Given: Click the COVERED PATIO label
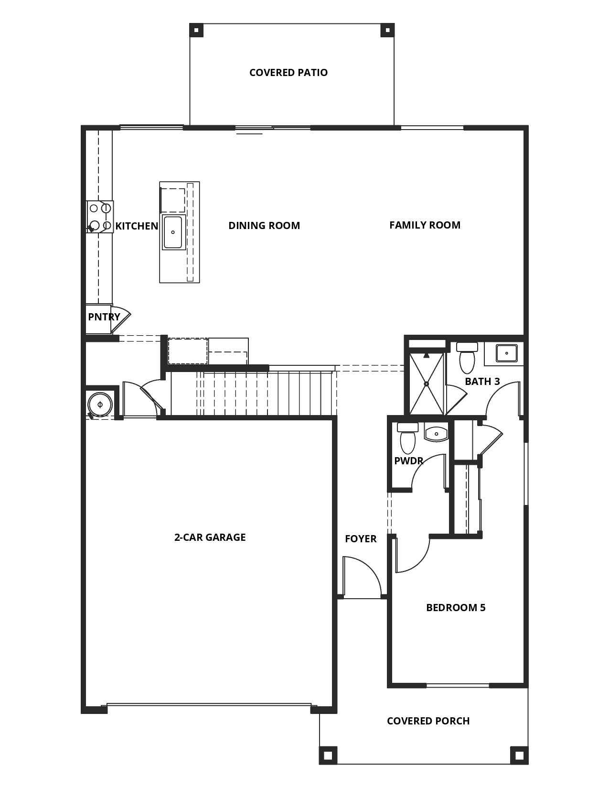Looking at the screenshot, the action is [288, 73].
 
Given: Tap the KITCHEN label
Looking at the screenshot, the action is [137, 226].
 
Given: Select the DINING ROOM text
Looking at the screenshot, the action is [264, 226].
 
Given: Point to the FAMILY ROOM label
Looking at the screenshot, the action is [425, 225].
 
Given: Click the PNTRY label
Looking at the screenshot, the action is [104, 317].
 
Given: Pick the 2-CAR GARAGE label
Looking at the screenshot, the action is [210, 537].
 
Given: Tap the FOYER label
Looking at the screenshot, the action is [361, 538].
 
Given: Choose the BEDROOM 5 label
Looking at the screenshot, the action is [456, 607].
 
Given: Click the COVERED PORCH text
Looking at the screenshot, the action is [428, 721].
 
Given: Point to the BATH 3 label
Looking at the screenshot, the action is [482, 381].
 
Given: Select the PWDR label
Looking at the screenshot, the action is [408, 461].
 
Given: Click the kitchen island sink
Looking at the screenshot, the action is [173, 232].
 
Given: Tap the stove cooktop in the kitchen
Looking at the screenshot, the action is [100, 217].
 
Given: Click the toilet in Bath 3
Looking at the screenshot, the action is [467, 358].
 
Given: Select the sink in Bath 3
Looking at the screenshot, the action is [506, 353].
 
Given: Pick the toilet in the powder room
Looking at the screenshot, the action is [408, 438].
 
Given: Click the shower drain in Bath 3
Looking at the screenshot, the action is [427, 384].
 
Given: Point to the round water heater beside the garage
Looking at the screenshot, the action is [100, 404].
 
